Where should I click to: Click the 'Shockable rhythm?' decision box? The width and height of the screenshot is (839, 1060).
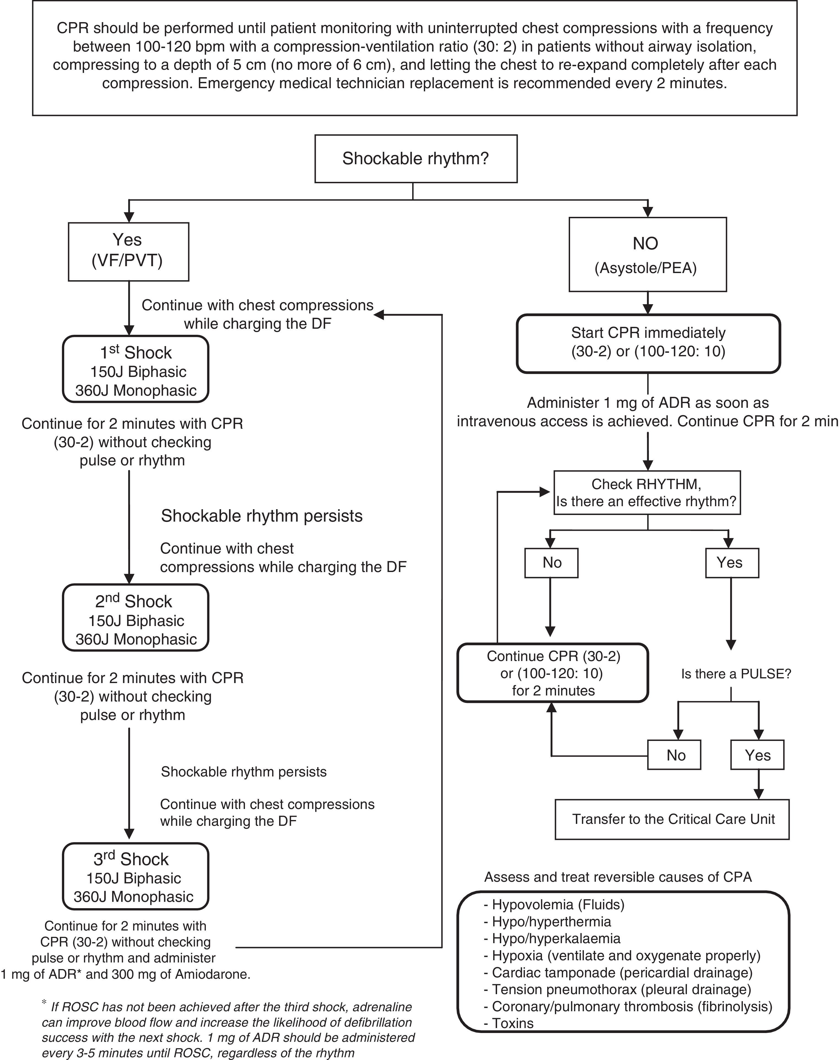coord(416,159)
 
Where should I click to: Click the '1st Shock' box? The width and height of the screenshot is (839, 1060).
coord(136,369)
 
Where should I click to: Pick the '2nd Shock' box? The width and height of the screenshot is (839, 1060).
coord(136,617)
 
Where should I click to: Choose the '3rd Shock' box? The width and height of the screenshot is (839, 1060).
coord(136,876)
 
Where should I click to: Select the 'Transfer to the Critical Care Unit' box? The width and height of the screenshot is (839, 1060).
coord(672,819)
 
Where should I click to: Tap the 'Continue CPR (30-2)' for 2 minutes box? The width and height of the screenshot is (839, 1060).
coord(553,672)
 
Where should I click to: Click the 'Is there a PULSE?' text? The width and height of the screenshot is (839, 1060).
coord(735,674)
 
